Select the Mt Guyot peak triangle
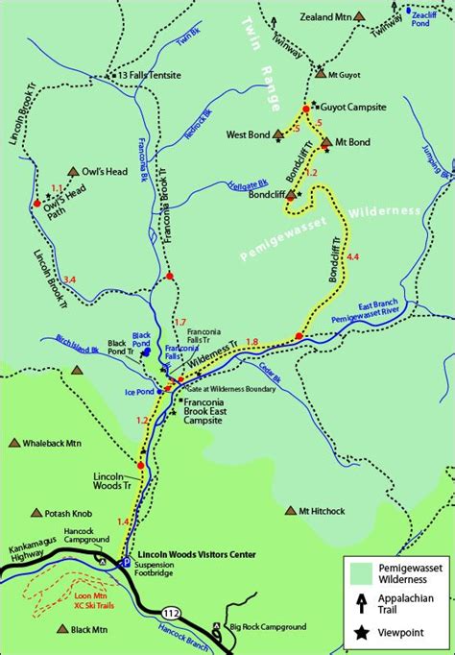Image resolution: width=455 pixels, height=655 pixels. pos(320,73)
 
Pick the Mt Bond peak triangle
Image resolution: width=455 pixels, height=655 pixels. pos(326,142)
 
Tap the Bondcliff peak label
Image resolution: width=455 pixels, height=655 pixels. pos(266,194)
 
